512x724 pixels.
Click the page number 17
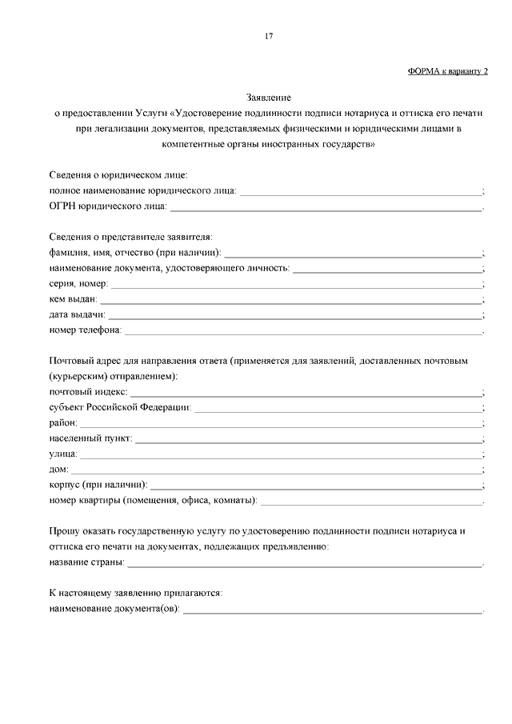tap(269, 35)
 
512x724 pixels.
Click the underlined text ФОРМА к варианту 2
tap(448, 71)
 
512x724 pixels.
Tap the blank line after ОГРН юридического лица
tap(326, 209)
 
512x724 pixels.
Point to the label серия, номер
tap(78, 283)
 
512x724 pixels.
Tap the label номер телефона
tap(85, 330)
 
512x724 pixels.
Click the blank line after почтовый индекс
tap(306, 394)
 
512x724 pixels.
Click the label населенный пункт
tap(90, 438)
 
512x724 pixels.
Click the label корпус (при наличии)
tap(98, 485)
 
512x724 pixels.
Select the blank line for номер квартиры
tap(372, 502)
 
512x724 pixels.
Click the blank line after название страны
tap(305, 564)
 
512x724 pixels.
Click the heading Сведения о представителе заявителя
tap(130, 238)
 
